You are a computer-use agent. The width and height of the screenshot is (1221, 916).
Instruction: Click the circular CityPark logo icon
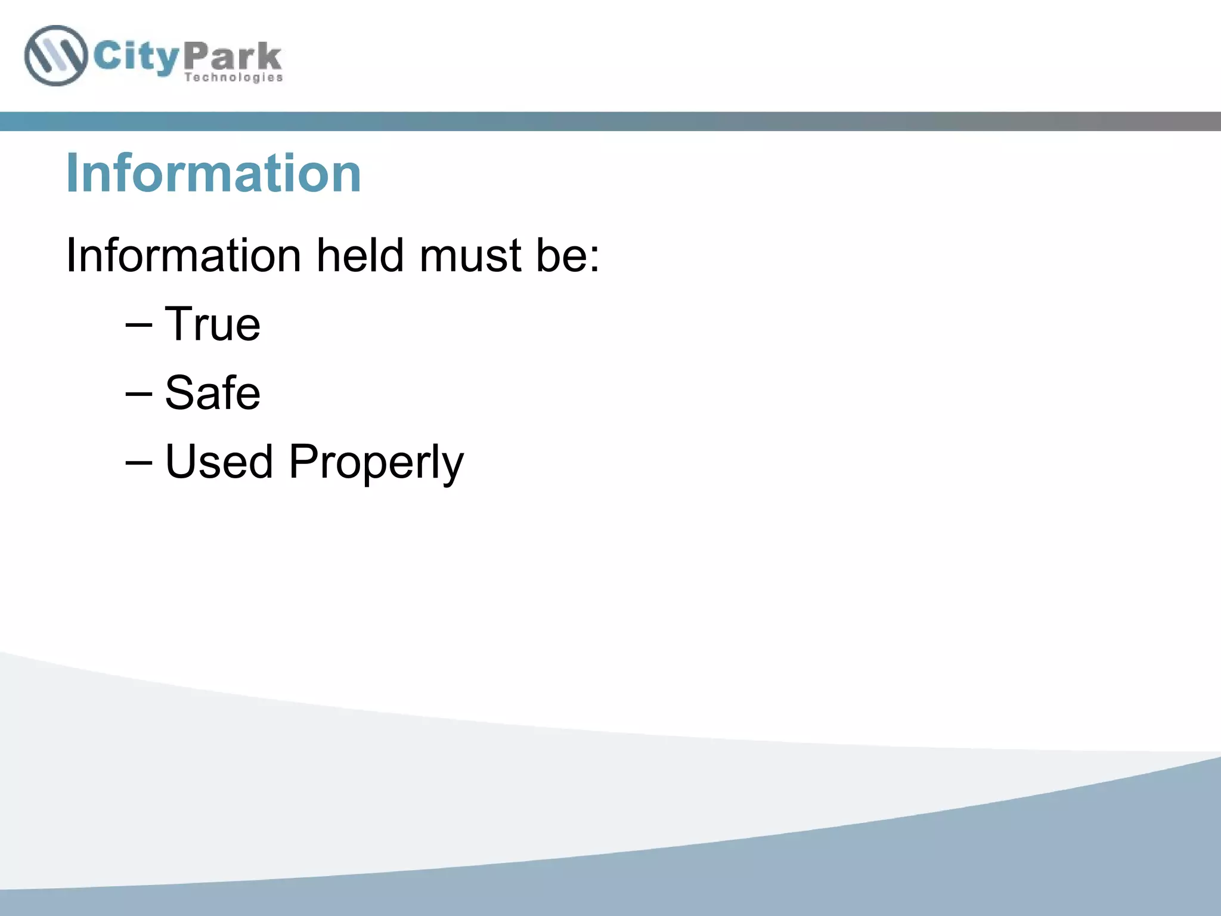point(55,55)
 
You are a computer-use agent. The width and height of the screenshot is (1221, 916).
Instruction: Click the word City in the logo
point(137,57)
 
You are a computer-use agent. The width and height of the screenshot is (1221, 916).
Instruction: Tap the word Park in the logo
point(233,57)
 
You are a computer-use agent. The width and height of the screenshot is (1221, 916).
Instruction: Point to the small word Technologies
point(233,78)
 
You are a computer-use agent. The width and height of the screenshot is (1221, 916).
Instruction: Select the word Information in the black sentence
point(183,255)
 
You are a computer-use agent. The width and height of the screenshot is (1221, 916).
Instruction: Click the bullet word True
point(212,324)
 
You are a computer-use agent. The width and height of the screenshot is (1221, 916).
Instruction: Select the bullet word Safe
point(212,393)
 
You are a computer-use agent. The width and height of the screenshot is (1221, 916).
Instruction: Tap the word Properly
point(376,463)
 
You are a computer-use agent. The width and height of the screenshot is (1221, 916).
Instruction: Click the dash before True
point(139,325)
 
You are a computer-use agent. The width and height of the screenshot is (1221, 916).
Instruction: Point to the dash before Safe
point(139,394)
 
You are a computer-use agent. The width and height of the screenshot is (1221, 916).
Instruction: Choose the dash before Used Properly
point(139,463)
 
